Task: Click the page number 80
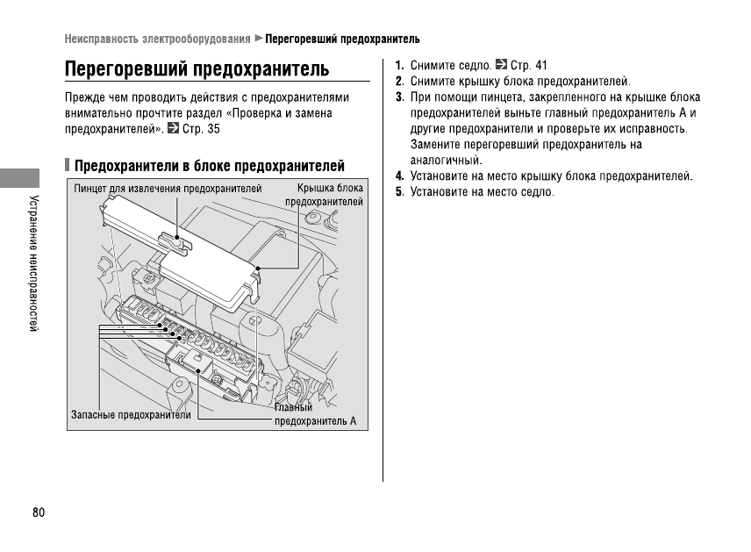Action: coord(38,513)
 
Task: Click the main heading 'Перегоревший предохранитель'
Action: coord(197,68)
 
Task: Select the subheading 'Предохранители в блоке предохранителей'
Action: coord(209,166)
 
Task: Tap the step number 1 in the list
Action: coord(399,65)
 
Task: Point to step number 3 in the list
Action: coord(399,97)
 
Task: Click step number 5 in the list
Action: coord(399,192)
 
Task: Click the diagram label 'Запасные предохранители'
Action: coord(131,414)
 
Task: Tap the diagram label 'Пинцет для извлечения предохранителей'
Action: coord(168,189)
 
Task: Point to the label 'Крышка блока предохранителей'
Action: coord(324,195)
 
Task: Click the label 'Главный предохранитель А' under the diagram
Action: coord(315,414)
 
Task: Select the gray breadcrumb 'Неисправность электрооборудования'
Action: coord(157,39)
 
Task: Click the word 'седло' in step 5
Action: coord(536,192)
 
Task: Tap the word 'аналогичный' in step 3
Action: coord(447,161)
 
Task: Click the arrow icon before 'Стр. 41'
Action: coord(501,65)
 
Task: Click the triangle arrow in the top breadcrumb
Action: coord(259,39)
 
